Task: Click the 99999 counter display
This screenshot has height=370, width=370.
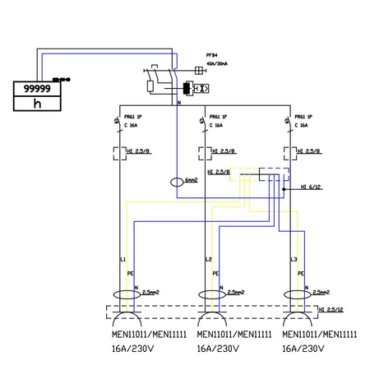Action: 35,87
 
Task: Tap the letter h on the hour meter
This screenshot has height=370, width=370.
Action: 36,104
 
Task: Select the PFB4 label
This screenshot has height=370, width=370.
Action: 211,56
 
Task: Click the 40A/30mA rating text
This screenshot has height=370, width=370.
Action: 217,63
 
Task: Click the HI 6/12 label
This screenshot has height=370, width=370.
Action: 311,187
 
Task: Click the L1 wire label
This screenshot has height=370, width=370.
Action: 123,260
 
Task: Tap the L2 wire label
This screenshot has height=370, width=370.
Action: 206,260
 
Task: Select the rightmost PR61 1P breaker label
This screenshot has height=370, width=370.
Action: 303,118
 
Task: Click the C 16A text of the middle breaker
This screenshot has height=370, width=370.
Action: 219,126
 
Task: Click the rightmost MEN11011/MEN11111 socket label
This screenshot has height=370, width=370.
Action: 319,335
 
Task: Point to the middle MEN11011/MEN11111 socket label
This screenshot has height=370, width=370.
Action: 235,335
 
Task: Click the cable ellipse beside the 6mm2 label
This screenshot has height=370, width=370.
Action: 178,183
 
